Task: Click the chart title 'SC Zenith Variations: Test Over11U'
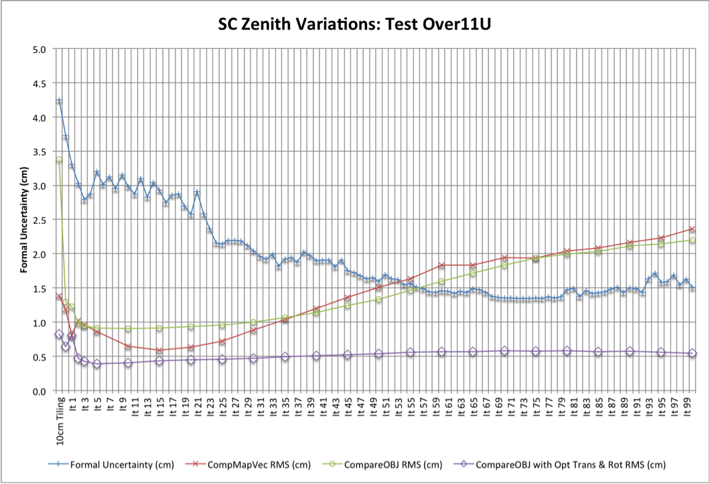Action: click(354, 25)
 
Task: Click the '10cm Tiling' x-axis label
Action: click(60, 420)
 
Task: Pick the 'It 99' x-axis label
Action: click(687, 407)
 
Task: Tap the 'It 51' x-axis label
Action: click(386, 407)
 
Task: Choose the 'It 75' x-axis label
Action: click(536, 407)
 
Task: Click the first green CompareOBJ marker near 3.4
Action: click(59, 160)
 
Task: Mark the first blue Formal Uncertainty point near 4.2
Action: click(59, 101)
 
